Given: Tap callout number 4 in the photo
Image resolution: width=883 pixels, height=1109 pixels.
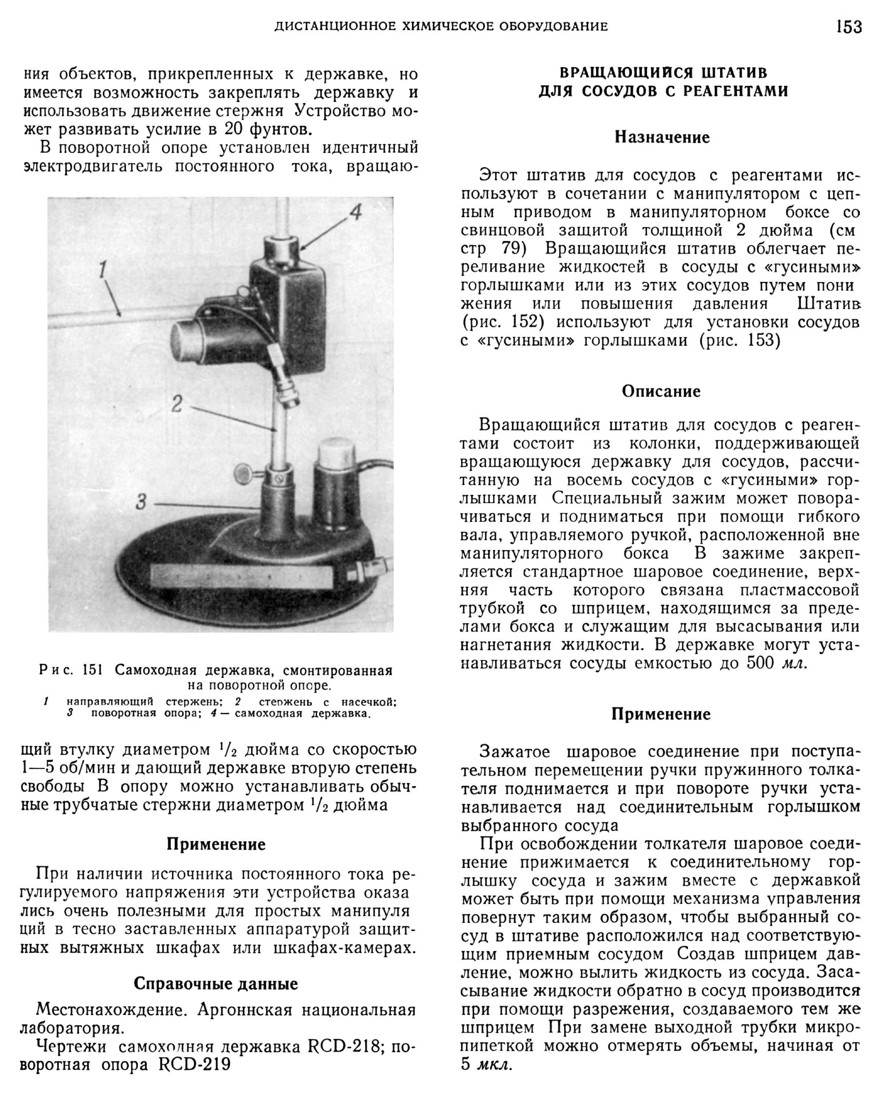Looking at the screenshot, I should [355, 212].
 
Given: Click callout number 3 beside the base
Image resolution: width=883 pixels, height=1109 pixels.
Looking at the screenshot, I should [142, 501].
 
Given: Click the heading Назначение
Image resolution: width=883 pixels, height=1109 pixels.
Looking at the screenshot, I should [662, 137].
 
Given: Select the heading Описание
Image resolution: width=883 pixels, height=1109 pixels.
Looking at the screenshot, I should [661, 391].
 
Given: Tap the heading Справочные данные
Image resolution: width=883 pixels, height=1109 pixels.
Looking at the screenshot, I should [216, 984].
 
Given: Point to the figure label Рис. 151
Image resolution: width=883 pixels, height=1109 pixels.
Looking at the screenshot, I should [71, 670].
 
